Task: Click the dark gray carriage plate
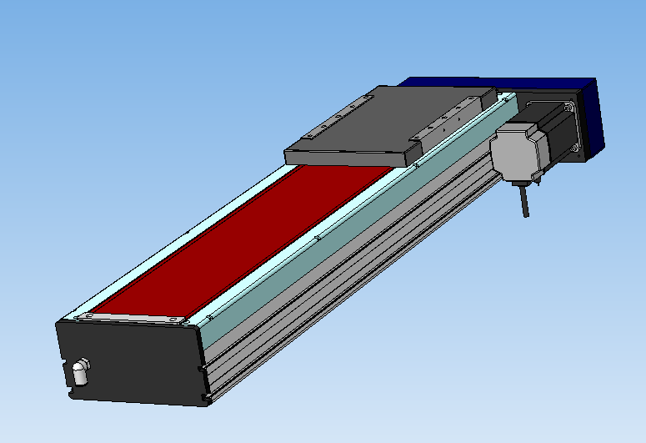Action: (x=383, y=121)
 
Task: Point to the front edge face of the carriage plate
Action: (x=350, y=157)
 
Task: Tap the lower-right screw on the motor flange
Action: (x=577, y=149)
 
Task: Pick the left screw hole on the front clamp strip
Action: (x=86, y=317)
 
